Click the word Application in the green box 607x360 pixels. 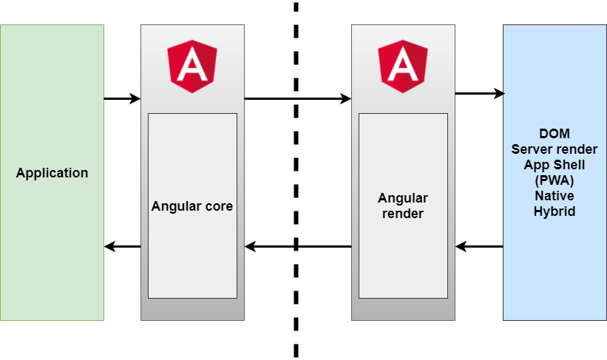pos(52,173)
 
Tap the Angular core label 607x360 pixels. pos(192,206)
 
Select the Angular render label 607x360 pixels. pos(403,206)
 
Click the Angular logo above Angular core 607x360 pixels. pos(192,66)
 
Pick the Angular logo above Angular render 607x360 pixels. pos(403,66)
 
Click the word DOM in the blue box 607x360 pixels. pos(555,134)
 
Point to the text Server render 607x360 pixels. pos(555,149)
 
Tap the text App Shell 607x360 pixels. pos(555,165)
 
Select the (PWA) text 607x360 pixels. pos(555,180)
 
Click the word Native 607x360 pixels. pos(555,196)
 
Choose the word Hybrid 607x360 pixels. pos(555,211)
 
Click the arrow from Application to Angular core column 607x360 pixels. pos(122,98)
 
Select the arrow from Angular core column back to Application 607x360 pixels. pos(122,246)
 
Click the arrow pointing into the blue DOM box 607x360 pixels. pos(479,93)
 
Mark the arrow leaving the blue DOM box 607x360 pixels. pos(479,246)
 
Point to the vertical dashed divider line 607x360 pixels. pos(296,177)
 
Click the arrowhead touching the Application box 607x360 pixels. pos(109,246)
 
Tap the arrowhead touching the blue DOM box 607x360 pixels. pos(499,93)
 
